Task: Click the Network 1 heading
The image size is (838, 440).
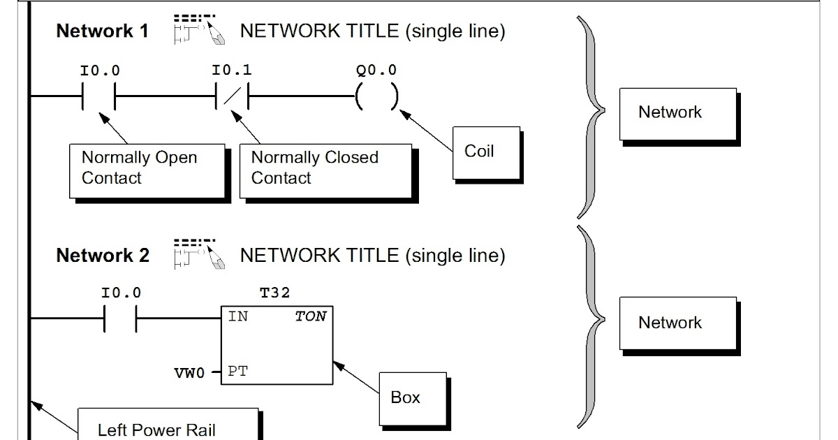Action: coord(102,32)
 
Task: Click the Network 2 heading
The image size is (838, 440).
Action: coord(103,256)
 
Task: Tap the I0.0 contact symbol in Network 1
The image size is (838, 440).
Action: coord(98,98)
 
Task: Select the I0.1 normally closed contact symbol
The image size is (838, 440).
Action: coord(233,98)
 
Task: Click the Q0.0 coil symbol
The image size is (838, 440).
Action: coord(376,98)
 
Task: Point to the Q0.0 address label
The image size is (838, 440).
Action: coord(376,71)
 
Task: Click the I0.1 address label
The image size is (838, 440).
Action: coord(232,71)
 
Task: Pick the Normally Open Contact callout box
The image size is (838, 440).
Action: coord(147,170)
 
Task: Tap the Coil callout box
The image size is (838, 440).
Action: coord(486,153)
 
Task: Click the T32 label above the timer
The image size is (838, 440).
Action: coord(274,293)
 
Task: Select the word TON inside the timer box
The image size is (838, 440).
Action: coord(310,316)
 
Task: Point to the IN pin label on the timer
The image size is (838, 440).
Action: coord(237,316)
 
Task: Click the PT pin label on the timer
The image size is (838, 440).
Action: coord(237,372)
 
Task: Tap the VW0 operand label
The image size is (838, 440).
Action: coord(190,373)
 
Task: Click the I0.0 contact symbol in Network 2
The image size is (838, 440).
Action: coord(120,320)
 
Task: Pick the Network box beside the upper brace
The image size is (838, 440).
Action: coord(677,113)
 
